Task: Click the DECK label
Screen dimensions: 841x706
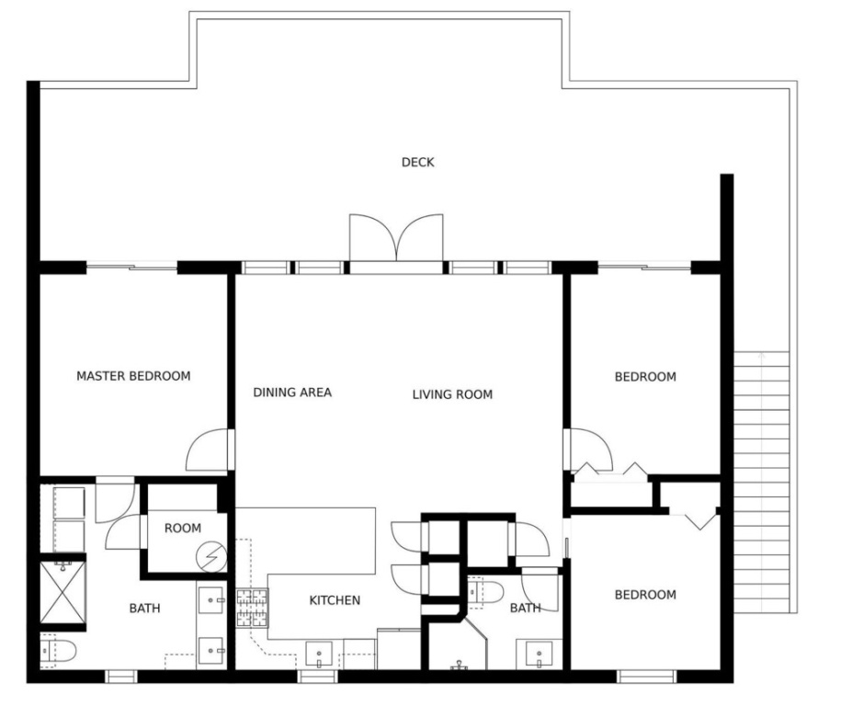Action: tap(418, 162)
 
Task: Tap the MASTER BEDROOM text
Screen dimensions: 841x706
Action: tap(133, 376)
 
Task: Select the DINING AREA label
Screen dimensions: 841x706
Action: tap(292, 393)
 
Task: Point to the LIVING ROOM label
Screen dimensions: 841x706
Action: tap(452, 395)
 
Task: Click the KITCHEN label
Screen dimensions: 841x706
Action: tap(335, 600)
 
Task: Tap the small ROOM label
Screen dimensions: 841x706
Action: tap(183, 529)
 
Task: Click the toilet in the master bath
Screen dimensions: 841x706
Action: tap(58, 651)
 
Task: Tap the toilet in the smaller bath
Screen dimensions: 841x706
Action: tap(485, 592)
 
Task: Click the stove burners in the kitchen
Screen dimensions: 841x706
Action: tap(252, 608)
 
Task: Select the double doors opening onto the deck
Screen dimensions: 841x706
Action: tap(396, 238)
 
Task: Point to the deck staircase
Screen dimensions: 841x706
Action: tap(762, 482)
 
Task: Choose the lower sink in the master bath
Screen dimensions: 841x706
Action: tap(211, 651)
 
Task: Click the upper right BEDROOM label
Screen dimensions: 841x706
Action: tap(645, 377)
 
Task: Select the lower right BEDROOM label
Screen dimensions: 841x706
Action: tap(645, 595)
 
